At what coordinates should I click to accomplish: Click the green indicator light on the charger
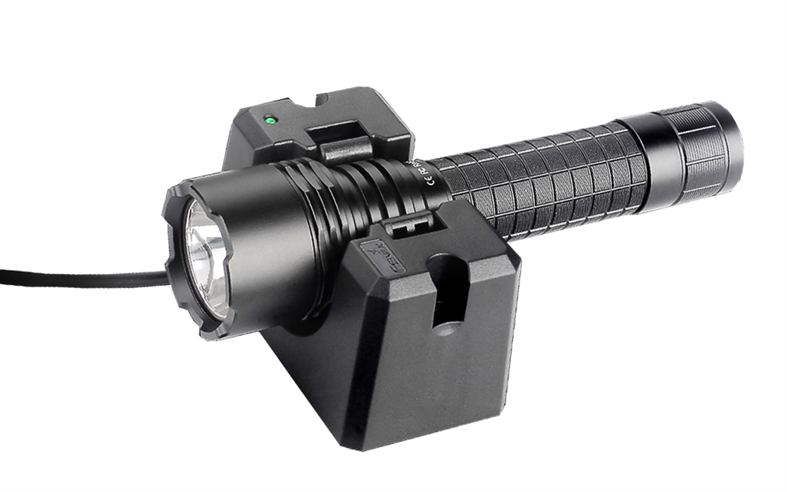(x=270, y=120)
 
